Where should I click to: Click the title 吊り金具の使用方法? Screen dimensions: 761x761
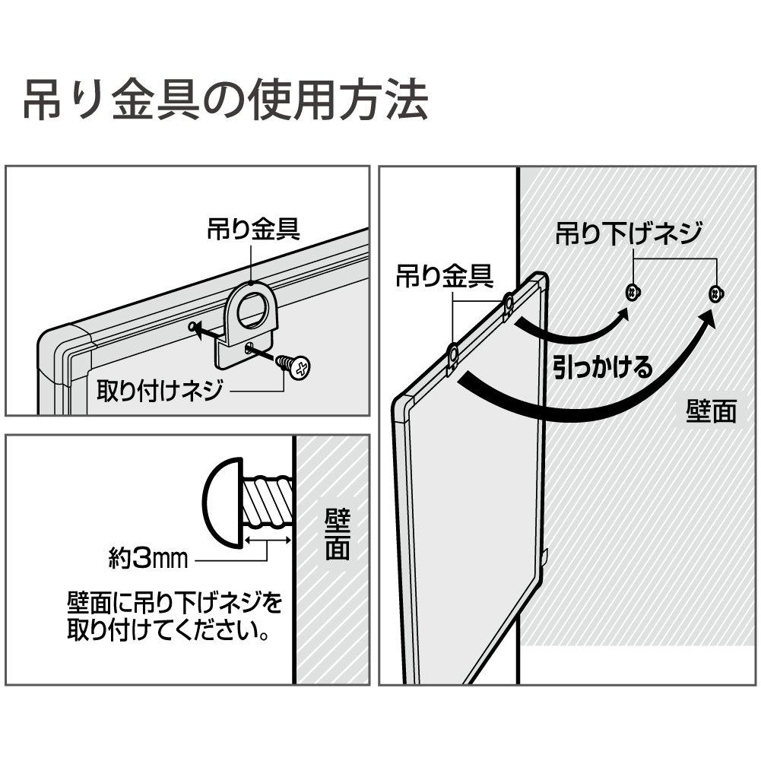pyautogui.click(x=225, y=100)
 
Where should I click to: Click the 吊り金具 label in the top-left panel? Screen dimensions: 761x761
pyautogui.click(x=254, y=230)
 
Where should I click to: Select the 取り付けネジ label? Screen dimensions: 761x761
pyautogui.click(x=160, y=392)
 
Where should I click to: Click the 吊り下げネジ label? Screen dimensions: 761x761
pyautogui.click(x=627, y=233)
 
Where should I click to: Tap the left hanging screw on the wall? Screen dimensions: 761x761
pyautogui.click(x=631, y=292)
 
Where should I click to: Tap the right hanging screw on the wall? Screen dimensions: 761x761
pyautogui.click(x=715, y=292)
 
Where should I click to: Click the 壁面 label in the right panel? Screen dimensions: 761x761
pyautogui.click(x=711, y=411)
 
